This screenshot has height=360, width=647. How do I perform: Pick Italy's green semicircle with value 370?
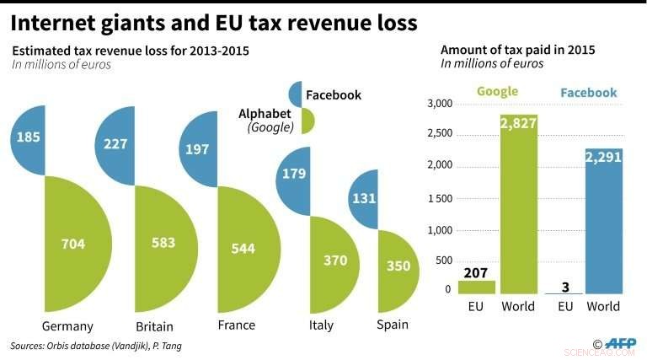[331, 261]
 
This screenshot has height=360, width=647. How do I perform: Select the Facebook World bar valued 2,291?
[604, 223]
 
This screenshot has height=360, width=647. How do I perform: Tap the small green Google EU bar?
[477, 287]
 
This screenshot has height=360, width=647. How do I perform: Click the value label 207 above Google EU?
[477, 271]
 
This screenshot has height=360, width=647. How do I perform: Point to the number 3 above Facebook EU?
[564, 287]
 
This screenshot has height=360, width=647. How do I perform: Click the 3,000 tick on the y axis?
[440, 104]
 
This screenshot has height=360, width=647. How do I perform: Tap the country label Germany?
[67, 325]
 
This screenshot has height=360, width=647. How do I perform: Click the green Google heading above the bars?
[497, 92]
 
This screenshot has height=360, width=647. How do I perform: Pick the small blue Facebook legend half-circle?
[295, 94]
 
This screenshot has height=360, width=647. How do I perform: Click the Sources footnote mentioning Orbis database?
[95, 346]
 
